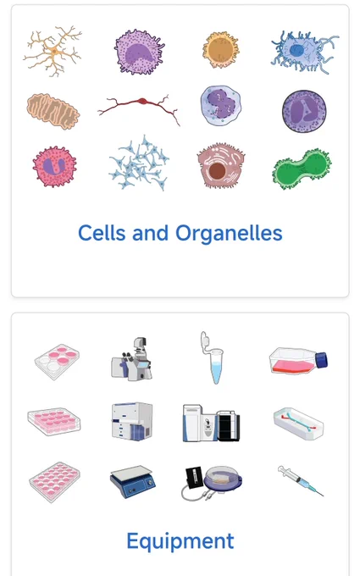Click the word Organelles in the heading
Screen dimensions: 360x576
tap(229, 234)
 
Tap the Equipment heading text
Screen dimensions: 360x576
tap(180, 541)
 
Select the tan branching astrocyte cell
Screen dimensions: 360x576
tap(53, 52)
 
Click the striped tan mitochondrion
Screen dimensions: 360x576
tap(53, 111)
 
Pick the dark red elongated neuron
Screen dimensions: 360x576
tap(139, 107)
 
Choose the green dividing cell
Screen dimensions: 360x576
tap(302, 169)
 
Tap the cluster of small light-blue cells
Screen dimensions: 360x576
tap(139, 163)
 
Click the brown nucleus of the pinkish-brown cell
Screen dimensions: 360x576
tap(217, 171)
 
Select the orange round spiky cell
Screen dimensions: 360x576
tap(221, 50)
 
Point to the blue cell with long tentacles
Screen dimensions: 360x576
tap(303, 52)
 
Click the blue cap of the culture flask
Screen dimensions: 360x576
tap(321, 360)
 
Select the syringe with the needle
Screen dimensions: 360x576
tap(301, 480)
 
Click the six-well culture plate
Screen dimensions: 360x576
tap(57, 362)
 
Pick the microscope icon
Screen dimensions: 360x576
tap(132, 359)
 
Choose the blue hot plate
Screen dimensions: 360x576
tap(132, 482)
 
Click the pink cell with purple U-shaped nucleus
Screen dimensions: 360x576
tap(54, 166)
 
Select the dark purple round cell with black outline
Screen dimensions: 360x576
tap(304, 111)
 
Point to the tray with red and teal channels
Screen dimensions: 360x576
tap(298, 424)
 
